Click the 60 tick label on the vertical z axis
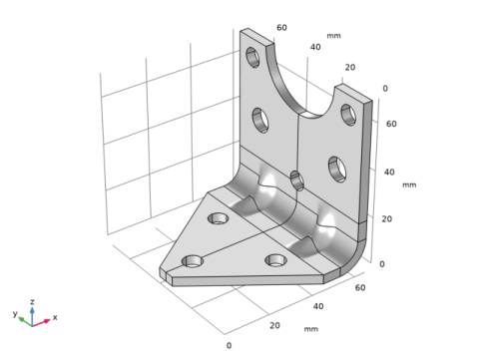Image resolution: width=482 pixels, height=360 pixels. pos(391,124)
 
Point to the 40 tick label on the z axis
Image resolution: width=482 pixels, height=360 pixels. pos(389,173)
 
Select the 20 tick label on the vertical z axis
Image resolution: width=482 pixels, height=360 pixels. pos(387,219)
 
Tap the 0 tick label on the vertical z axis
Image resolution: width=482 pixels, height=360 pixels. pos(382,264)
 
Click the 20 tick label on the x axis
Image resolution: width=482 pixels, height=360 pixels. pos(274,326)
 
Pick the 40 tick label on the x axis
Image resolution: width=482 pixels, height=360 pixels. pos(318,306)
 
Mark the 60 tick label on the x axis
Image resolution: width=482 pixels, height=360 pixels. pos(360,288)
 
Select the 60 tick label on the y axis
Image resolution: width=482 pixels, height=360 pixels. pos(281,28)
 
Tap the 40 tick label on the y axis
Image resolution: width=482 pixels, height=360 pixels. pos(315,47)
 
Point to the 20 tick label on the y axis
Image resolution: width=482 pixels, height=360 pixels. pos(350,68)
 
